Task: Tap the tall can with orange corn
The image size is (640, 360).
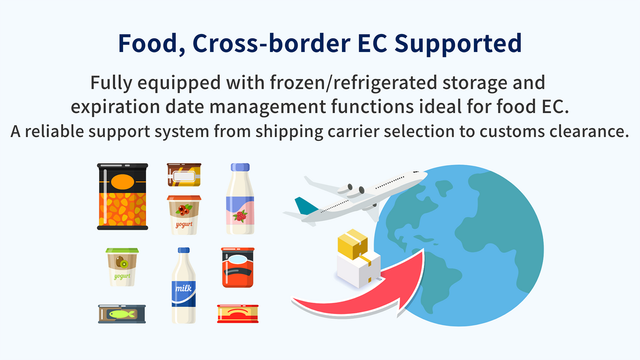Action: click(122, 196)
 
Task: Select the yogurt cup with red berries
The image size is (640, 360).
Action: click(183, 215)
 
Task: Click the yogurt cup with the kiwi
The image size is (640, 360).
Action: click(122, 267)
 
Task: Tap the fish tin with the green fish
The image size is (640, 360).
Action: click(122, 313)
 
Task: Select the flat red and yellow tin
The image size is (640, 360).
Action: click(237, 313)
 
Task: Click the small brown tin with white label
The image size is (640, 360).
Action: click(184, 174)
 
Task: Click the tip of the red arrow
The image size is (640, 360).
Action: click(422, 255)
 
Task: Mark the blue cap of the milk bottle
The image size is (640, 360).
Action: click(183, 250)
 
